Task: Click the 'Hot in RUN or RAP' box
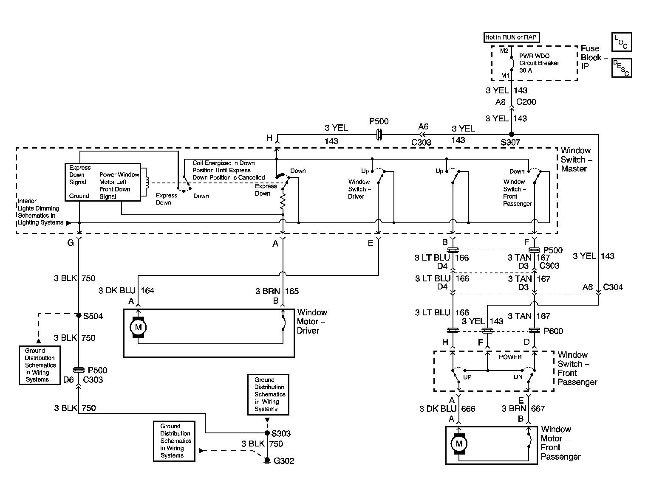[512, 37]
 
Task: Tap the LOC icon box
[622, 42]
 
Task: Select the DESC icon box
[622, 68]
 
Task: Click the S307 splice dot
[512, 134]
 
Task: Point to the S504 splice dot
[79, 315]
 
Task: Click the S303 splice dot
[267, 432]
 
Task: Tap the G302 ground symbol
[267, 461]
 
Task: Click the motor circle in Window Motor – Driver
[138, 327]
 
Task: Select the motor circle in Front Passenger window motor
[459, 444]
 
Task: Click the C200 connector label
[526, 102]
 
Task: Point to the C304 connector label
[613, 287]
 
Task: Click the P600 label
[554, 331]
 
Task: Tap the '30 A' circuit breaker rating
[526, 70]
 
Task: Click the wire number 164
[147, 290]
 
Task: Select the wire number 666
[468, 409]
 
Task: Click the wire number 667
[538, 409]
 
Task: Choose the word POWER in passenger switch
[510, 357]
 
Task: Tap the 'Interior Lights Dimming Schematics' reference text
[40, 212]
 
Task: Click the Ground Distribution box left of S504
[40, 365]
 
